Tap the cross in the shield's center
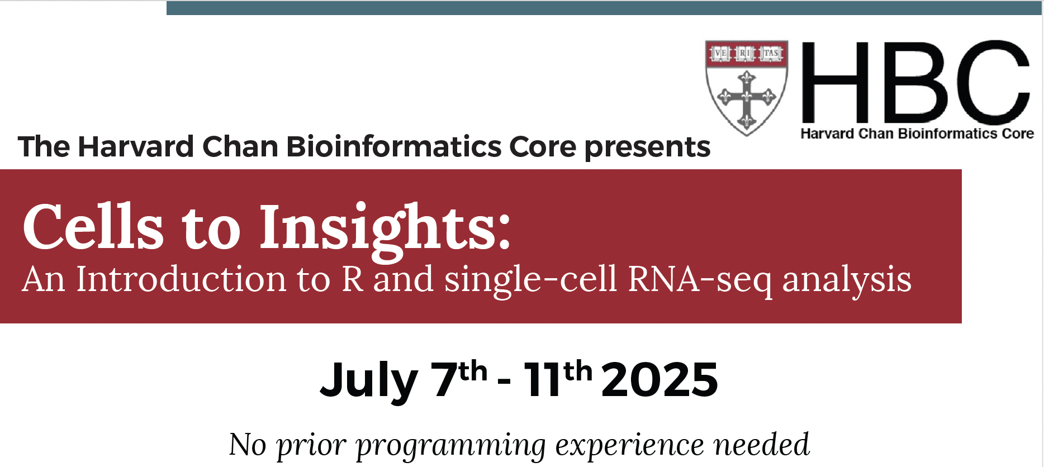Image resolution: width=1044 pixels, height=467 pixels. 747,98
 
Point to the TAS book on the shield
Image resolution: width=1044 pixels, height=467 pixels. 771,53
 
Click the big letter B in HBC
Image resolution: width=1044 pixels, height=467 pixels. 914,82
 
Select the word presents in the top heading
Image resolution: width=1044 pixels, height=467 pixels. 647,147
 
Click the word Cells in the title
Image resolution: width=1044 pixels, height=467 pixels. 93,227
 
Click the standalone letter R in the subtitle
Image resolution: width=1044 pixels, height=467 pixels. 353,279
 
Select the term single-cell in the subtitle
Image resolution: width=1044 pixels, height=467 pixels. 531,280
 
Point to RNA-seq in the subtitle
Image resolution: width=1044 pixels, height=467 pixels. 700,280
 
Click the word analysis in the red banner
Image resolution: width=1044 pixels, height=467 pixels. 847,280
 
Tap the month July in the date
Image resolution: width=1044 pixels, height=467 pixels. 369,380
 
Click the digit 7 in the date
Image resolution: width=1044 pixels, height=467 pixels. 445,379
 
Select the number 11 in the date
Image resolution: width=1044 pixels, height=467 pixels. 542,379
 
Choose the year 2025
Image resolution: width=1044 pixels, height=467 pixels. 659,379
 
